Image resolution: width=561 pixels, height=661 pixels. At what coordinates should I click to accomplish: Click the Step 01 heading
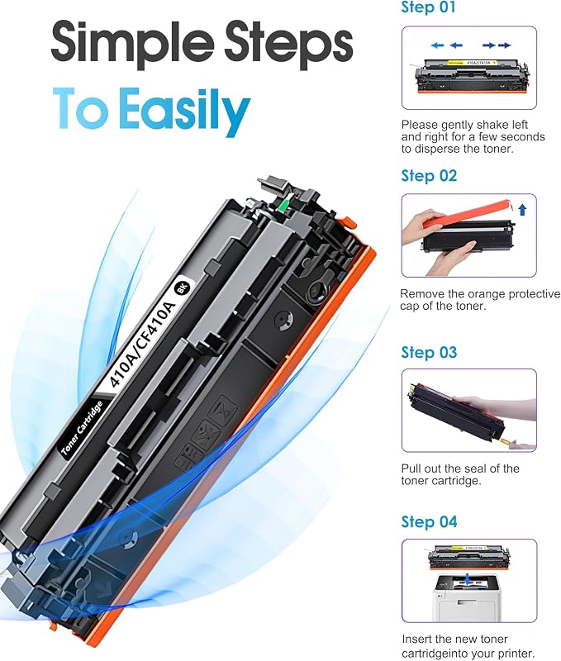pos(428,7)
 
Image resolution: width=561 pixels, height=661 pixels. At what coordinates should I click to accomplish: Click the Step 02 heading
pos(429,176)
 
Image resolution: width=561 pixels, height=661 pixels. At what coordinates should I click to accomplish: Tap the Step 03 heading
pos(429,353)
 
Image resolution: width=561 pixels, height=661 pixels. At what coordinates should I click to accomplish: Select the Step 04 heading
pos(429,522)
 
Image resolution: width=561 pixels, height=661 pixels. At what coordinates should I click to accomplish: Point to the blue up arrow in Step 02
pos(522,210)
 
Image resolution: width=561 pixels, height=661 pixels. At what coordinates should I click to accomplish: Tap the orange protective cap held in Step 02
pos(468,214)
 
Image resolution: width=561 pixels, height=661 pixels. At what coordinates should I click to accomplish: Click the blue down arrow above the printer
pos(469,578)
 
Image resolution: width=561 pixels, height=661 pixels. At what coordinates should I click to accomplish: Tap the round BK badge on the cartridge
pos(182,288)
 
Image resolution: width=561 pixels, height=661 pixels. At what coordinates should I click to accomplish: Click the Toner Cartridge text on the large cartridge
pos(82,429)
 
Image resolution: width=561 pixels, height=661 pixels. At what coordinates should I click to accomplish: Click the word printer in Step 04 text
pos(516,654)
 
